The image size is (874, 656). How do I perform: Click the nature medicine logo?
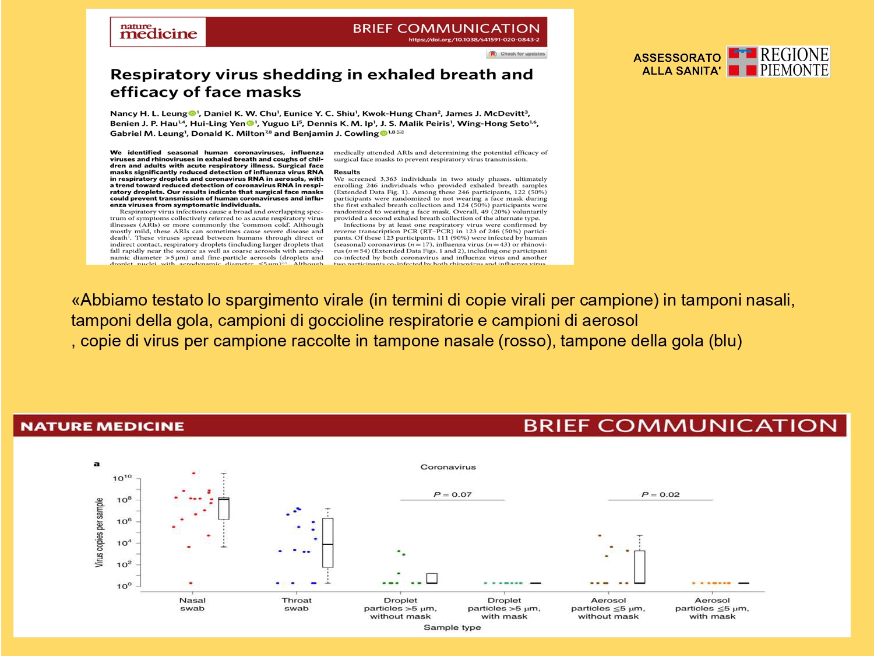[x=158, y=31]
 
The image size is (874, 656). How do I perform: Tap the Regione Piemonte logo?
[x=778, y=62]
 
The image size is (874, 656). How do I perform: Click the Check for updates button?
[x=517, y=54]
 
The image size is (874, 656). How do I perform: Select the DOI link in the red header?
[x=474, y=40]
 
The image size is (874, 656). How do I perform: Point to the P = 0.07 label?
[x=452, y=494]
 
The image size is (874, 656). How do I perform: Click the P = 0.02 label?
[x=660, y=494]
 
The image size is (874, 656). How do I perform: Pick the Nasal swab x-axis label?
[x=192, y=604]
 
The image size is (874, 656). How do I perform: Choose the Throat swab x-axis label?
[x=297, y=604]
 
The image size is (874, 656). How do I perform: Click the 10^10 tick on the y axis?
[x=122, y=478]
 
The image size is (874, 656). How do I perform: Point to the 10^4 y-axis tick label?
[x=124, y=543]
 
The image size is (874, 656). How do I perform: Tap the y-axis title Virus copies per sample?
[x=99, y=532]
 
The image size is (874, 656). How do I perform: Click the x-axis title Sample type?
[x=452, y=627]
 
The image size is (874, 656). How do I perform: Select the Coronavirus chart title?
[x=448, y=467]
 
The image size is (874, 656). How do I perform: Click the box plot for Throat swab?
[x=328, y=543]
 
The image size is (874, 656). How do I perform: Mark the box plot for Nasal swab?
[x=224, y=508]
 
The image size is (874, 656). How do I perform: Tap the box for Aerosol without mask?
[x=639, y=566]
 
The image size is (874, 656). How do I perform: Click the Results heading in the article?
[x=347, y=172]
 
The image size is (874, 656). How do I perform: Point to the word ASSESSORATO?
[x=677, y=58]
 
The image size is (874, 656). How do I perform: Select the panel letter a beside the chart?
[x=97, y=464]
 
